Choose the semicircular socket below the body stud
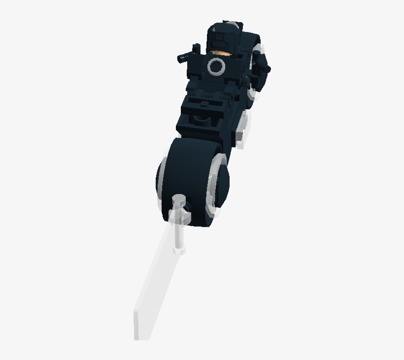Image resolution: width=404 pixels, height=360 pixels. [202, 118]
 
